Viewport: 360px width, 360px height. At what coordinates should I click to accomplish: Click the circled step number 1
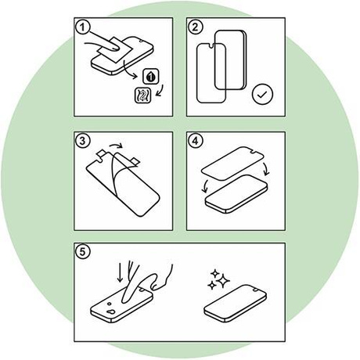[x=82, y=27]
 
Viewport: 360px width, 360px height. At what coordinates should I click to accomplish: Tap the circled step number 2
[x=195, y=27]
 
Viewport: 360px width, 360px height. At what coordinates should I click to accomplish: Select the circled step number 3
[x=82, y=141]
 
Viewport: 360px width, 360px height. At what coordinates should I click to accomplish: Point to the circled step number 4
[x=195, y=141]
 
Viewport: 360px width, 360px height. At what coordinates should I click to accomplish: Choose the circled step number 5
[x=82, y=252]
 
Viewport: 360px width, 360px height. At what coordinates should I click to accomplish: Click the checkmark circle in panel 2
[x=262, y=94]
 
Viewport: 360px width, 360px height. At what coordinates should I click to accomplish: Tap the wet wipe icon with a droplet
[x=150, y=77]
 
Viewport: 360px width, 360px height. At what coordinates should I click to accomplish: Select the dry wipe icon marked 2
[x=142, y=95]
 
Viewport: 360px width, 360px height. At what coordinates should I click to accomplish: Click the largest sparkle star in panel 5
[x=223, y=281]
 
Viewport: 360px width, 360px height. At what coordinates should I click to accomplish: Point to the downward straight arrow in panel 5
[x=120, y=272]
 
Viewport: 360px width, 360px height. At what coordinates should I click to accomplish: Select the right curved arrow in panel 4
[x=267, y=168]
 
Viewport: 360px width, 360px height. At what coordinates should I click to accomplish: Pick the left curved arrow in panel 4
[x=205, y=186]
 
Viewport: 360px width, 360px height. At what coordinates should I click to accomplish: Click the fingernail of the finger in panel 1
[x=114, y=47]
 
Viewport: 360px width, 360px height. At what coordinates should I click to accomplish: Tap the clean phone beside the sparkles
[x=235, y=304]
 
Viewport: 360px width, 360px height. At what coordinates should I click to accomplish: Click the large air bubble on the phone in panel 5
[x=112, y=311]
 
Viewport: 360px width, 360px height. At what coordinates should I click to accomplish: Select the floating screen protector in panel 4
[x=232, y=164]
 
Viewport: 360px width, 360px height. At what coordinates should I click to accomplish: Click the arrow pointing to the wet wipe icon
[x=130, y=70]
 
